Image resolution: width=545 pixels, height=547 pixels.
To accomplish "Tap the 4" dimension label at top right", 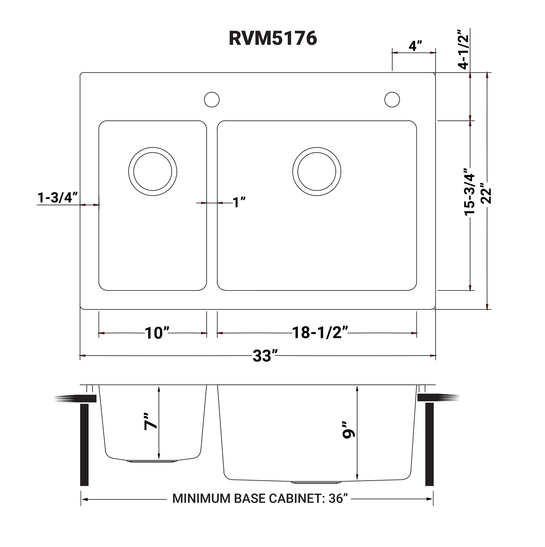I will point(415,46).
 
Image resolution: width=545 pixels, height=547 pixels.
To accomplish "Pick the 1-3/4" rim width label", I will point(57,198).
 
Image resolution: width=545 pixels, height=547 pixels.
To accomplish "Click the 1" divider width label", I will point(239,203).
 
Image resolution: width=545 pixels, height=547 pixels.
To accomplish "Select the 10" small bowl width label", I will point(157,333).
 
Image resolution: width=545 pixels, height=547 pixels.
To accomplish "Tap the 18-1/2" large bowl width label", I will point(320,333).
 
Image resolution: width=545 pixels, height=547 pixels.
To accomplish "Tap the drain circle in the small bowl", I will point(152,172).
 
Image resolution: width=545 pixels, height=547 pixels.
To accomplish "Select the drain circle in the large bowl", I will point(316,172).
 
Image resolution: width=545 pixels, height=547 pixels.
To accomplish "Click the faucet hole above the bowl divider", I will point(212,99).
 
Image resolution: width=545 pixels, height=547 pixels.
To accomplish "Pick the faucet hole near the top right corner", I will point(392,99).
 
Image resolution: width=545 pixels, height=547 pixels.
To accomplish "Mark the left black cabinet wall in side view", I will point(84,445).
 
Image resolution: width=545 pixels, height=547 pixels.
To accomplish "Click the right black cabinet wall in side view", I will point(429,445).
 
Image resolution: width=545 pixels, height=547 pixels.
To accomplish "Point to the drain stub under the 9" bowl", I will point(316,482).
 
